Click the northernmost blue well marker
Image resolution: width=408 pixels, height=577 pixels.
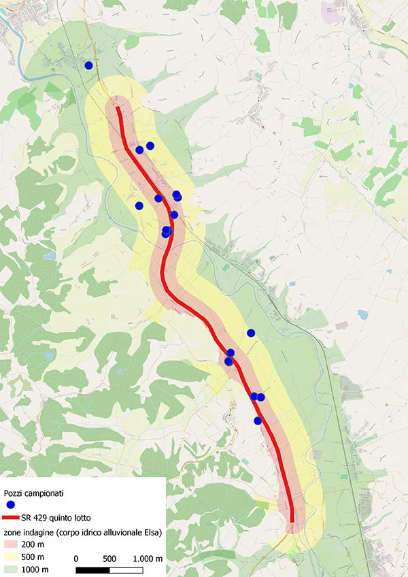point(88,65)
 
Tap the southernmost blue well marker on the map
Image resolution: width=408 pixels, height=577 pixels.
point(258,421)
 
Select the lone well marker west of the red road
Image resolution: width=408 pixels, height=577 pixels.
point(139,205)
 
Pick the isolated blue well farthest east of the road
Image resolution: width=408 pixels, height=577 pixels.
point(251,333)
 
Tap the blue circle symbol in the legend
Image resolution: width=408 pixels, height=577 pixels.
point(11,505)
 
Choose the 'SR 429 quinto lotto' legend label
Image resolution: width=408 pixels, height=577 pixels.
point(60,518)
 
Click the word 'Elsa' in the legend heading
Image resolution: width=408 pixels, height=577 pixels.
point(149,532)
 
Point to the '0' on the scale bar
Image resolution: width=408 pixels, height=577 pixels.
point(75,559)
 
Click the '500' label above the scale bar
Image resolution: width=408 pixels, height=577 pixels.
point(109,559)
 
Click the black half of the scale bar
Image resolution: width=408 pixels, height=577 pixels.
point(92,569)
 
